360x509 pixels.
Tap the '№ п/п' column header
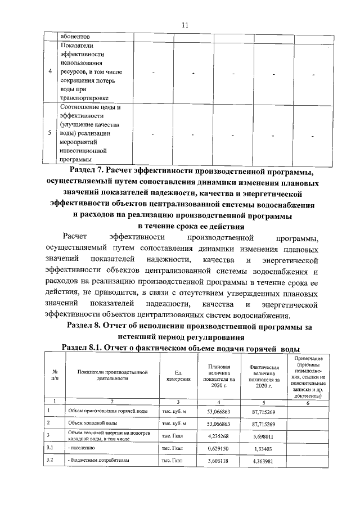pyautogui.click(x=56, y=375)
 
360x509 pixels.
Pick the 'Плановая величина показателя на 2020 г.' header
pyautogui.click(x=217, y=375)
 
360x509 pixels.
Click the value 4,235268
pyautogui.click(x=217, y=435)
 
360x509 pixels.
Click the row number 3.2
pyautogui.click(x=51, y=460)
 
